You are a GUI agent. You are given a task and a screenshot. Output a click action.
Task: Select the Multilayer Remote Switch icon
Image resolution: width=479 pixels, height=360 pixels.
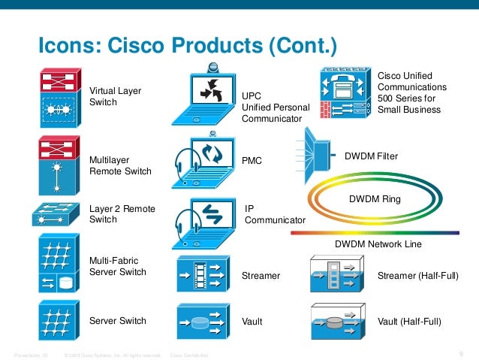[x=57, y=165]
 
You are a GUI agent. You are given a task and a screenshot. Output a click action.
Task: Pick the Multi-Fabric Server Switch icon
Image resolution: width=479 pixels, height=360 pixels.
[x=57, y=265]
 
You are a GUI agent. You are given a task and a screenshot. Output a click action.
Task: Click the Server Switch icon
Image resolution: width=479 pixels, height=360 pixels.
[x=57, y=320]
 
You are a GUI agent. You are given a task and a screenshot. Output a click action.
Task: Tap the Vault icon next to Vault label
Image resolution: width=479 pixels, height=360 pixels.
[x=203, y=321]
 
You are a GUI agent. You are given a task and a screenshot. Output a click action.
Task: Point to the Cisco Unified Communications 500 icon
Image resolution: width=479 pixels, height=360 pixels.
[x=345, y=94]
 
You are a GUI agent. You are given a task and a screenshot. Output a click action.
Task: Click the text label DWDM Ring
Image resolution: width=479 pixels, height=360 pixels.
[x=375, y=199]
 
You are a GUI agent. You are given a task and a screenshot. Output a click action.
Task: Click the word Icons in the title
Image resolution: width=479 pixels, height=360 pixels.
[x=66, y=46]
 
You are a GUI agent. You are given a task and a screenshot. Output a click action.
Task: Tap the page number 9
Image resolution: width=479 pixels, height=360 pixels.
[x=459, y=354]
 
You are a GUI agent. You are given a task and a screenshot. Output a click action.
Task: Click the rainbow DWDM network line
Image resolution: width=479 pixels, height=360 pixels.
[x=375, y=233]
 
